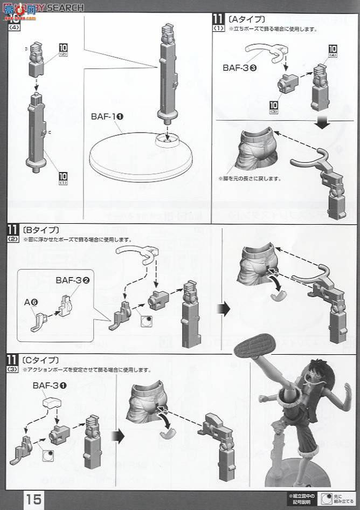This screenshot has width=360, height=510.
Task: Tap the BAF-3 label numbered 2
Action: click(68, 280)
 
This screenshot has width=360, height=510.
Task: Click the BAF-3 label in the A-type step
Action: click(240, 68)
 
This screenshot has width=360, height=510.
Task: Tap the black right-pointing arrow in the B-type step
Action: click(223, 308)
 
